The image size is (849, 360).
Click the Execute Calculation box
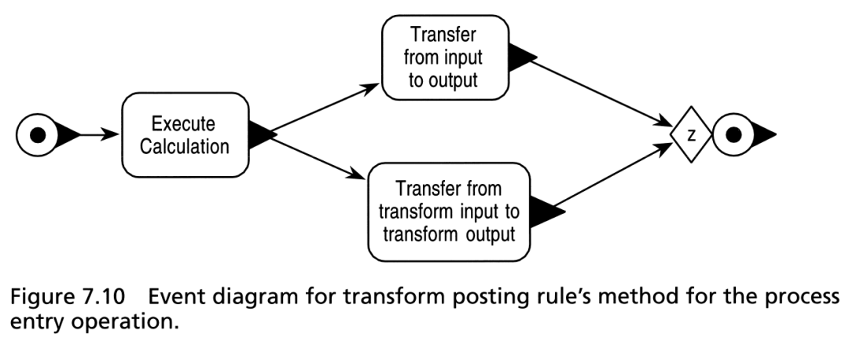click(x=186, y=134)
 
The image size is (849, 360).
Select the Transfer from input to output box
click(x=445, y=57)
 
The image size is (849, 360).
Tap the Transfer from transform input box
click(x=449, y=212)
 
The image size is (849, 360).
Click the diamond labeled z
click(x=691, y=134)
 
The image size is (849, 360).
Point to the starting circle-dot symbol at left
click(x=38, y=134)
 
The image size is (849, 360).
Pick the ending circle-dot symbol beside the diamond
click(x=733, y=134)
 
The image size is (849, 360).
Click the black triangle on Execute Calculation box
click(x=261, y=134)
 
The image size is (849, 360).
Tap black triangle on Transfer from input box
click(x=521, y=57)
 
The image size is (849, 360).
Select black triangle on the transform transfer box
click(x=546, y=211)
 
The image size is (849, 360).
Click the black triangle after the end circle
click(x=763, y=134)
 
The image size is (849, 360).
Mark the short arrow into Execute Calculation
click(x=99, y=134)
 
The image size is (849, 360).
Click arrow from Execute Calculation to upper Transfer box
click(x=325, y=108)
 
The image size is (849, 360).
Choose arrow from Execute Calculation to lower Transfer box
click(x=318, y=158)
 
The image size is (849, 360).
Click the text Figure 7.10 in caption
click(x=67, y=297)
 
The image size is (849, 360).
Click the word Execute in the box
click(x=183, y=124)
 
